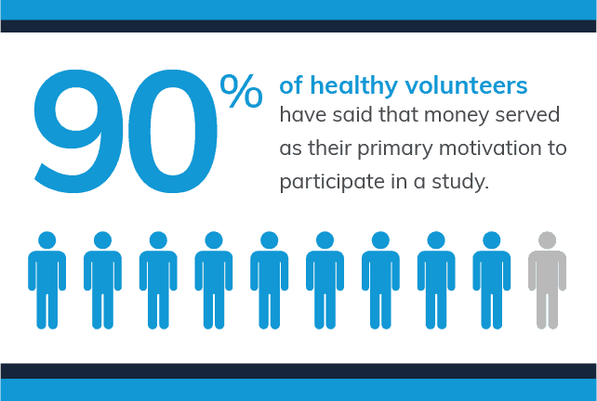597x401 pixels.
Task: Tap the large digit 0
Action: coord(172,131)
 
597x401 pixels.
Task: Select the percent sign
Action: coord(242,91)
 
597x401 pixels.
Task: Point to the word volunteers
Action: coord(466,85)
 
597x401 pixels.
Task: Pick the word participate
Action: coord(332,182)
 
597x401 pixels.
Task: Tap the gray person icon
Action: coord(547,280)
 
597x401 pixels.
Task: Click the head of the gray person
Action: coord(547,240)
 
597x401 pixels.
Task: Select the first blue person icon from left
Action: coord(46,280)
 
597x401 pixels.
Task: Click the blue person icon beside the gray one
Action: coord(492,280)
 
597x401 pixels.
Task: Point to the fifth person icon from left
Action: coord(269,280)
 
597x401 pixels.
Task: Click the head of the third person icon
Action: coord(158,240)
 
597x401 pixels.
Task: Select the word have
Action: coord(303,115)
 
